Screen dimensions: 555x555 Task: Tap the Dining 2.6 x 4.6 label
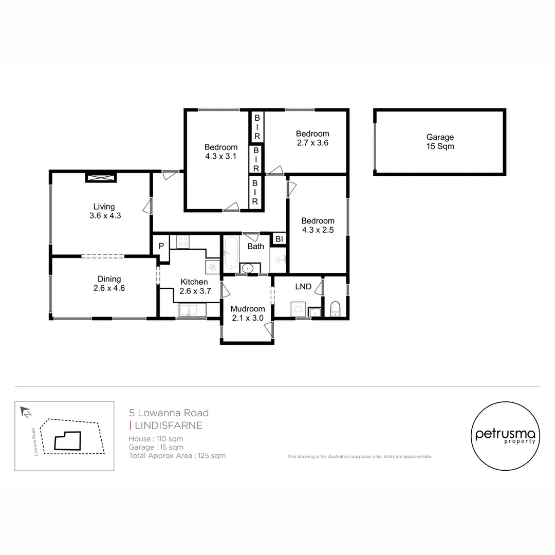(x=109, y=284)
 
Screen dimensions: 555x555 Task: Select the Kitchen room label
(x=194, y=286)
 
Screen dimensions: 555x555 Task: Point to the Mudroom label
(x=247, y=313)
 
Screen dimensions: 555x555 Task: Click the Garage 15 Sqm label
(x=440, y=141)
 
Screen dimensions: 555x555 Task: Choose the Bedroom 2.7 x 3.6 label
(x=312, y=138)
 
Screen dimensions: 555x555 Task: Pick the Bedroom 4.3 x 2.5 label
(x=318, y=225)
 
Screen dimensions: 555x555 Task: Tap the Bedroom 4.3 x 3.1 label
(x=220, y=152)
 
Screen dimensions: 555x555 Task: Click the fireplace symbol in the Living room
(x=101, y=178)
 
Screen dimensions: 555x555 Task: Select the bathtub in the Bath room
(x=230, y=253)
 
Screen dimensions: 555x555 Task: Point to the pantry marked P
(x=161, y=246)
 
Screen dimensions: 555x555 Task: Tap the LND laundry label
(x=303, y=286)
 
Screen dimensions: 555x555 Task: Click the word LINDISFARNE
(x=168, y=425)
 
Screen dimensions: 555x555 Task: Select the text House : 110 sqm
(x=156, y=439)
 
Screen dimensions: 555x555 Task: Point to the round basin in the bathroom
(x=247, y=268)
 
